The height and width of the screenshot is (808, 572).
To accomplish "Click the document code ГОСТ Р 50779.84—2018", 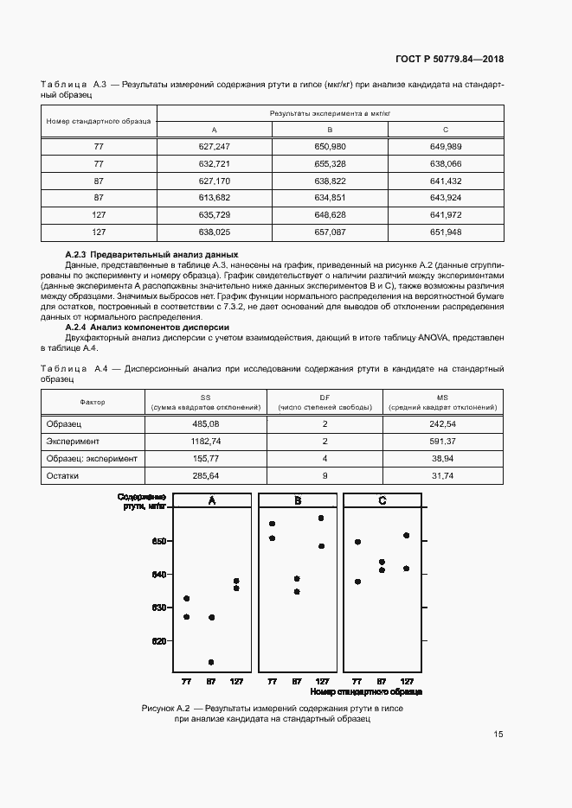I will point(443,60).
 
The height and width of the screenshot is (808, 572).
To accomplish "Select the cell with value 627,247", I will point(214,147).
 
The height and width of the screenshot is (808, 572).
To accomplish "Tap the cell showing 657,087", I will point(330,232).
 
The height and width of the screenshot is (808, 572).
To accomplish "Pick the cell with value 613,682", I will point(214,198).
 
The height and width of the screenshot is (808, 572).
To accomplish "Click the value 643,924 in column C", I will point(446,198).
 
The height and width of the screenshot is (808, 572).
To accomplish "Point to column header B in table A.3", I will point(330,130).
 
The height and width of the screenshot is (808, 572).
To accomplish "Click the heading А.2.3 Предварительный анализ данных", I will point(151,255).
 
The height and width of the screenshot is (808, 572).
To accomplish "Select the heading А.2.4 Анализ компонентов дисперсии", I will point(147,328).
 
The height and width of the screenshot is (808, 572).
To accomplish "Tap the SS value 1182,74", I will point(207,441).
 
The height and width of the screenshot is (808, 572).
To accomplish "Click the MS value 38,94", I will point(442,458).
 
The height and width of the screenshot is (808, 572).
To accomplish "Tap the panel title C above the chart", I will point(382,501).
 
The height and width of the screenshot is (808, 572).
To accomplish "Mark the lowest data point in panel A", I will point(210,663).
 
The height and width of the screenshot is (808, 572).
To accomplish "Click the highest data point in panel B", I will point(321,518).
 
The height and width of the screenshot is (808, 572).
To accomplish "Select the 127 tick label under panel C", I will point(407,681).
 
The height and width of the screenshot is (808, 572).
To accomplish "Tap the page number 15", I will point(498,735).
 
